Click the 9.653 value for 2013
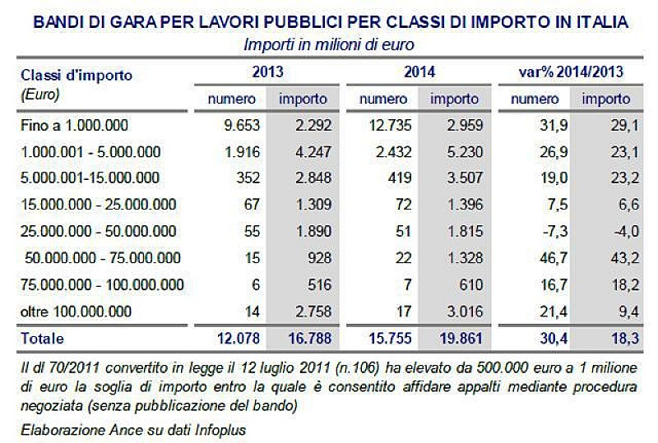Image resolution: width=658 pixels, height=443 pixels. coord(236,127)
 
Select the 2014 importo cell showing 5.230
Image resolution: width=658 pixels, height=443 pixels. coord(455,152)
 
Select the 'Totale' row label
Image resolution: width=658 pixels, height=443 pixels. coord(41,338)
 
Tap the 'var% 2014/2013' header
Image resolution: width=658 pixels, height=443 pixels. coord(571,72)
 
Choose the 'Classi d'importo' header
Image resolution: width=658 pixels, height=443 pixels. coord(76,76)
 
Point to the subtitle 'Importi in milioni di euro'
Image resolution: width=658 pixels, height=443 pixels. coord(329,44)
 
